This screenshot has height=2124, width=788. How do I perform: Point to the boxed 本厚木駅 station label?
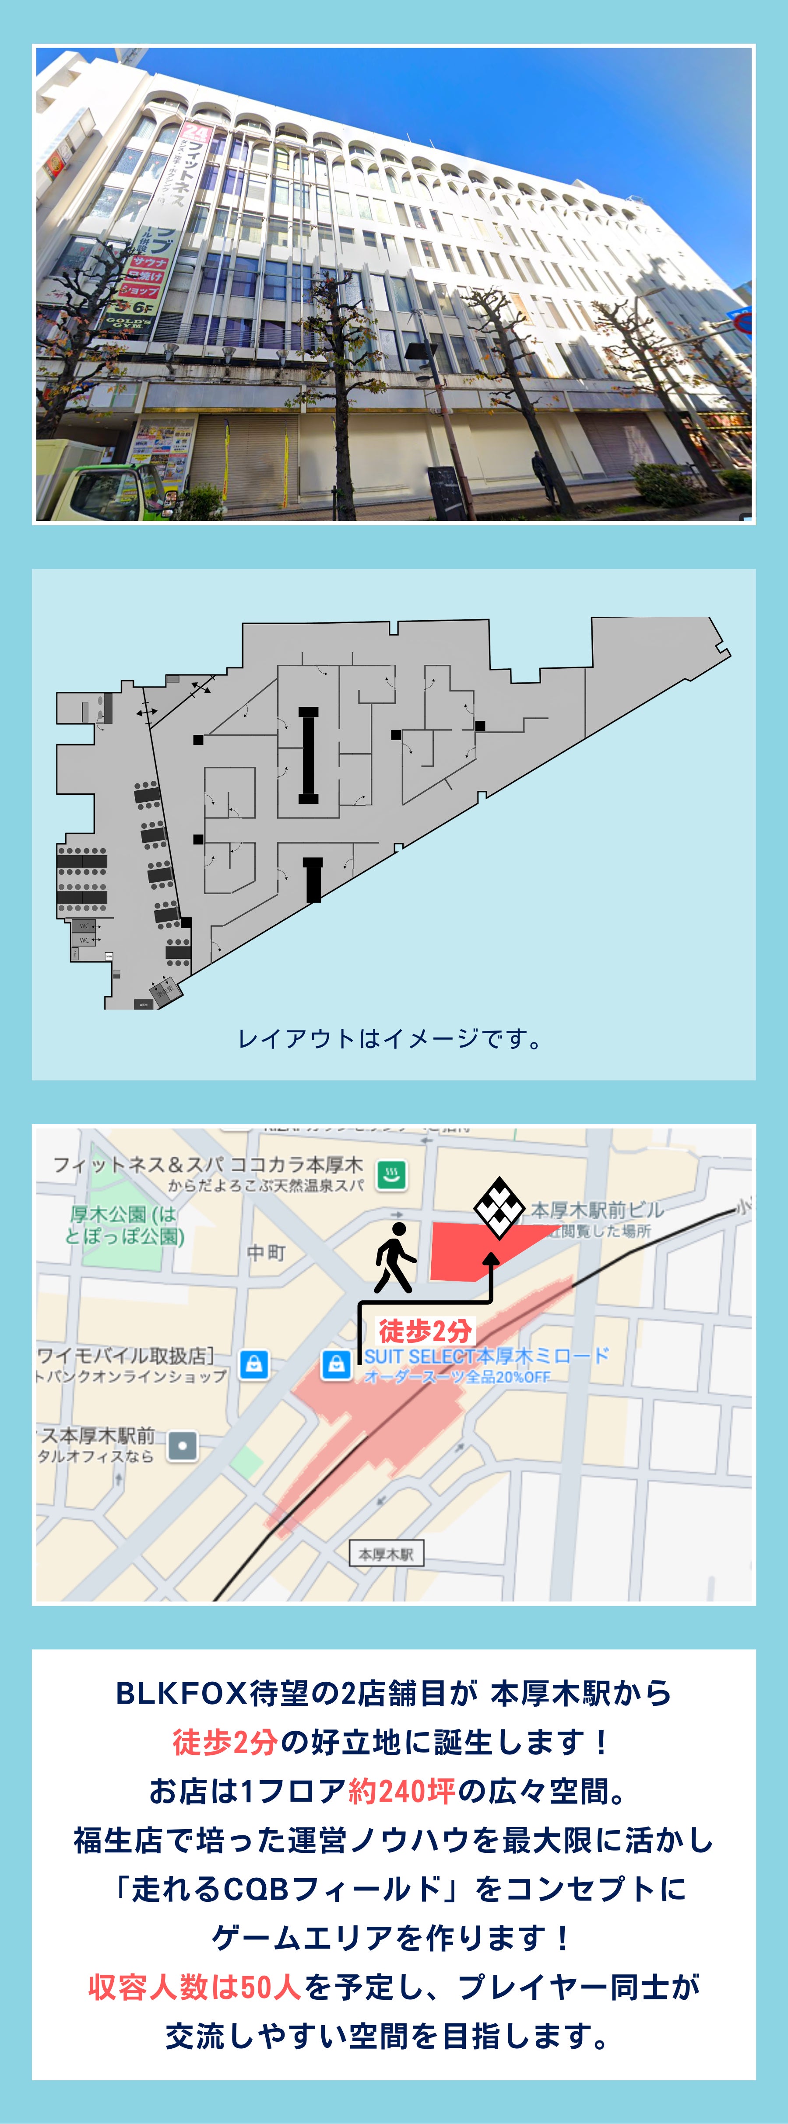[x=385, y=1554]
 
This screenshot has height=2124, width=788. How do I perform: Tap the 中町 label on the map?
[x=266, y=1252]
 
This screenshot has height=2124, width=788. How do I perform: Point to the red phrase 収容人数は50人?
[x=195, y=1987]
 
